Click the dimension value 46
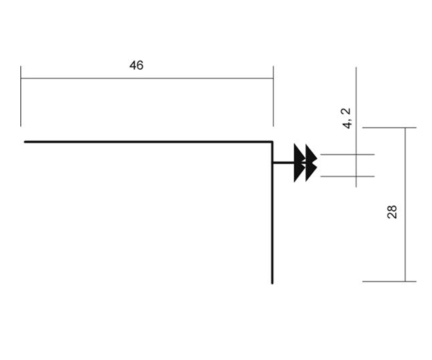(x=136, y=66)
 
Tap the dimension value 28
(x=392, y=212)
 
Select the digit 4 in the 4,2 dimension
(x=347, y=125)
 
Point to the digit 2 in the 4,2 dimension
(x=347, y=112)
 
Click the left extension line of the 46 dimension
(x=21, y=96)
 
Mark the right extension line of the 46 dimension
(x=273, y=96)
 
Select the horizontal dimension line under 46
(x=147, y=78)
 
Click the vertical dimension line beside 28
(x=405, y=204)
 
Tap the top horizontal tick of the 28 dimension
(x=390, y=128)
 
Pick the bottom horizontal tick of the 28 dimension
(x=390, y=282)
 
